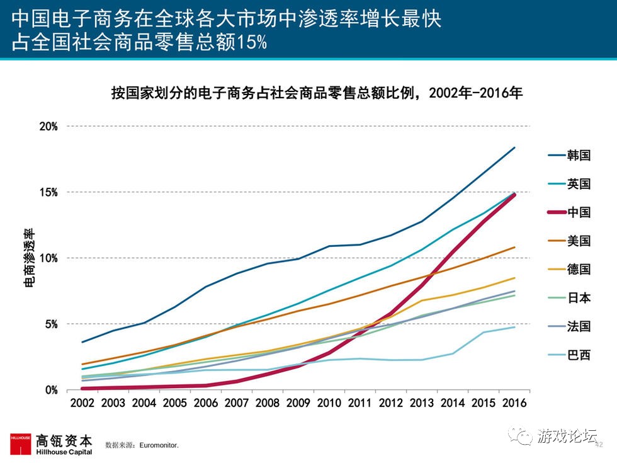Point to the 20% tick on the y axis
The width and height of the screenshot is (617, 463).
pos(48,126)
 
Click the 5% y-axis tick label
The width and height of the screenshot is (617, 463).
pos(50,324)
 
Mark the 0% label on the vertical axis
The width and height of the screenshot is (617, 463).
pos(50,390)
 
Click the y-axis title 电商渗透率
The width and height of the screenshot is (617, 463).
pos(29,258)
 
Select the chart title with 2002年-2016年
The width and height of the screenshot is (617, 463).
pos(317,93)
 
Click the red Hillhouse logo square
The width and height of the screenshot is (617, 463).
pos(20,443)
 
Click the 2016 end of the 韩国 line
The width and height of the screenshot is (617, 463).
pos(514,147)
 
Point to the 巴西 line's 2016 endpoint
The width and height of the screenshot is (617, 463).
pos(514,327)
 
